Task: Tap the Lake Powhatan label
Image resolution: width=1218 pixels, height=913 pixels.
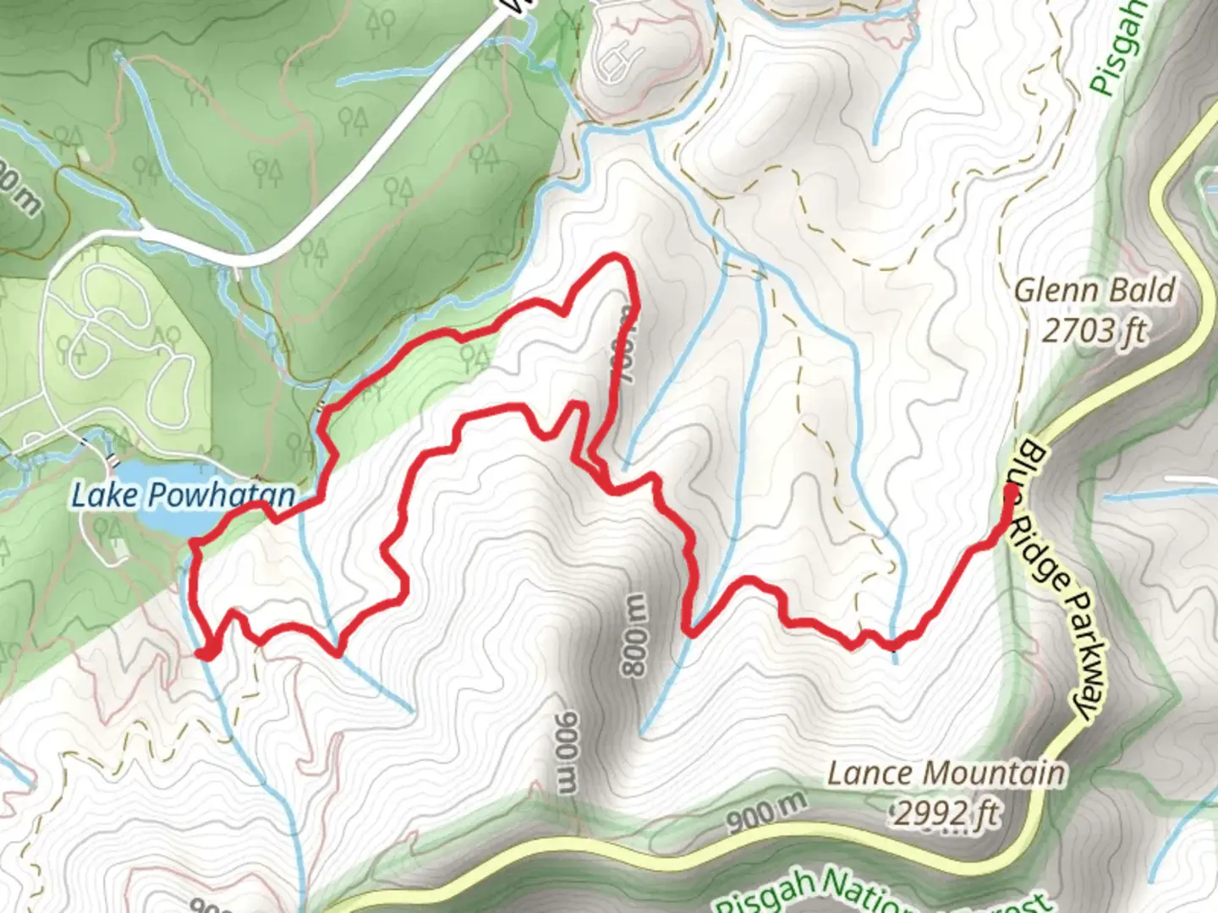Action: click(183, 495)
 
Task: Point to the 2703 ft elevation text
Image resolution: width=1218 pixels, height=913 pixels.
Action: click(1094, 331)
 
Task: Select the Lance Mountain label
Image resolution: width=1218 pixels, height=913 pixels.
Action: click(946, 773)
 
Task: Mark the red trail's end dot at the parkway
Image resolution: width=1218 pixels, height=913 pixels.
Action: click(1011, 489)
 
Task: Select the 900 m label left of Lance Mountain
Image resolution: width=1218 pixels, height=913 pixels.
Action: click(766, 813)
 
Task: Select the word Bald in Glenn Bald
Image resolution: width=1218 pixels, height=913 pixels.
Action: click(1142, 290)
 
